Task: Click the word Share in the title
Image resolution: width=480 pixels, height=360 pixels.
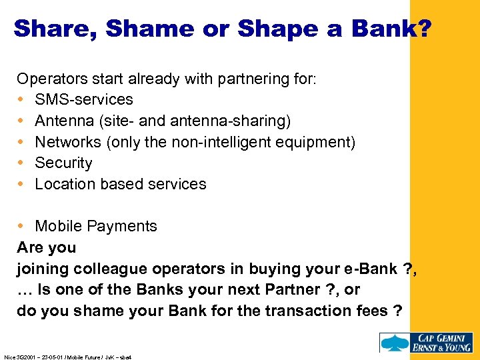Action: (x=53, y=29)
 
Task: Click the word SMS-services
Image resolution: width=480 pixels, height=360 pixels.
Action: (x=84, y=99)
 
